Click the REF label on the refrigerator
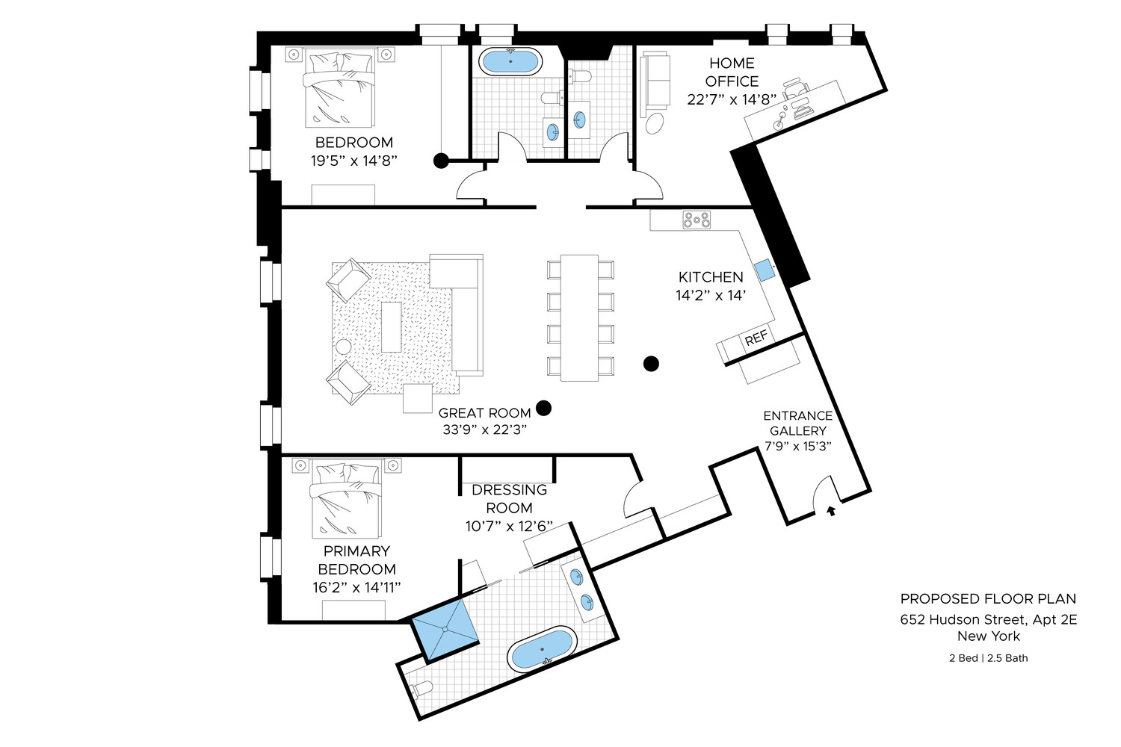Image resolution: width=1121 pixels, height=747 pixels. point(756,338)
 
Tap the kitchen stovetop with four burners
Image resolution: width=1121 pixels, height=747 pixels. point(697,220)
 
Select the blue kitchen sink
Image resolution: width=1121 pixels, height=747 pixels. point(764,270)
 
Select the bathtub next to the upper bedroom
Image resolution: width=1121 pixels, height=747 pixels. point(510,61)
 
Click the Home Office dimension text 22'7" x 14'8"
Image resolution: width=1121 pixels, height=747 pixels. point(732,99)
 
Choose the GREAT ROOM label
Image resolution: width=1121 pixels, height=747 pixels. point(484,413)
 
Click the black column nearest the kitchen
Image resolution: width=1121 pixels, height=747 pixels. point(652,364)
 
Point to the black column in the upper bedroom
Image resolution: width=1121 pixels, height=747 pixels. point(442,160)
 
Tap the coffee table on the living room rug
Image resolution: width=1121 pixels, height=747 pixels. point(391,326)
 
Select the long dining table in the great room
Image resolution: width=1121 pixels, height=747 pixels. point(580,317)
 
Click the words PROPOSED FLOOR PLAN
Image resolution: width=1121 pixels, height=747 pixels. point(988,599)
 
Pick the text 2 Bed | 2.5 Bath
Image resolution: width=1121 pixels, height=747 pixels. point(988,658)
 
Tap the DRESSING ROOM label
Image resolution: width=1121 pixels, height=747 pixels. point(509,499)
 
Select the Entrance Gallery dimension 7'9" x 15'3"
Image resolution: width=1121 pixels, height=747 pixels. point(798,446)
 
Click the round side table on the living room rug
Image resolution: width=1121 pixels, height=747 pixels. point(343,347)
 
